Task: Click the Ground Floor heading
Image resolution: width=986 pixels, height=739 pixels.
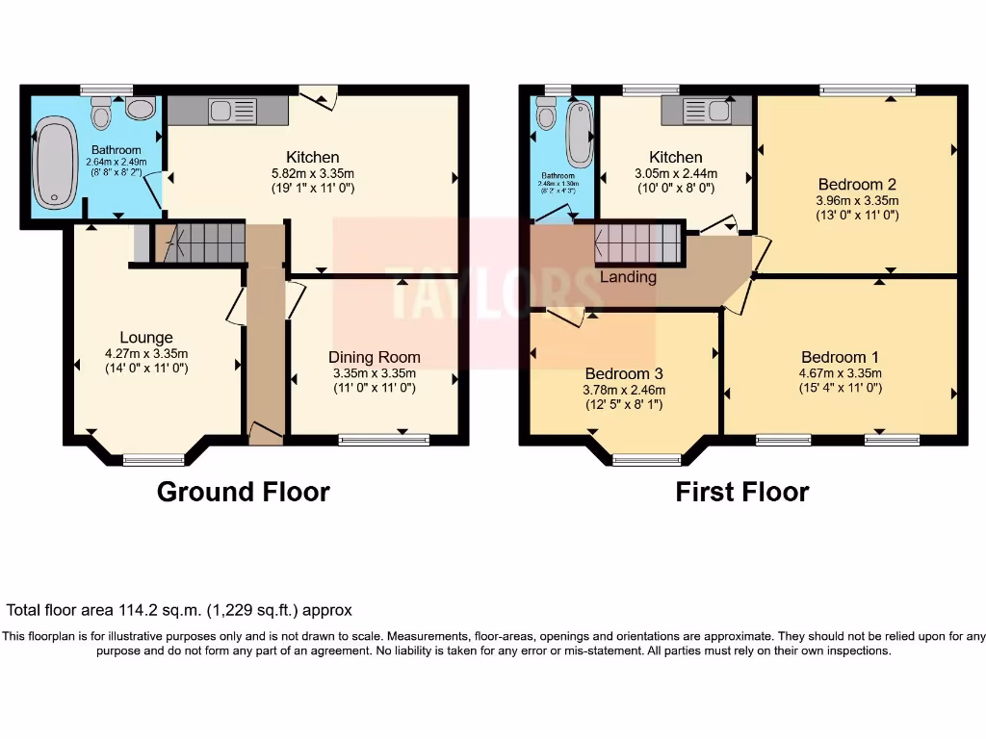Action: [243, 492]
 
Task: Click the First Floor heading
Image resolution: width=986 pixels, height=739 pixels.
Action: [741, 492]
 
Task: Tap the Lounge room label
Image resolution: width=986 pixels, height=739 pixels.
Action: [146, 337]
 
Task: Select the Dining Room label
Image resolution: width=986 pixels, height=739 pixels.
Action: [375, 357]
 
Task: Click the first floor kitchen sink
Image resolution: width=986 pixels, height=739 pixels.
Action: [706, 111]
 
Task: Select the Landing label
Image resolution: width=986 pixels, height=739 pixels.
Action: [628, 277]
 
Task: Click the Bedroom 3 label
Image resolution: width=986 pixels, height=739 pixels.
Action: [625, 373]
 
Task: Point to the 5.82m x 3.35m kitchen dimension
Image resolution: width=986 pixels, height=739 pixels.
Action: [313, 173]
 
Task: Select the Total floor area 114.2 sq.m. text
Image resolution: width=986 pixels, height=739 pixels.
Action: [179, 610]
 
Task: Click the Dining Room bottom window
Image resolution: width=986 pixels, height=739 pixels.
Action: [383, 440]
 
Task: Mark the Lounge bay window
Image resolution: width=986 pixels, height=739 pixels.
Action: [154, 459]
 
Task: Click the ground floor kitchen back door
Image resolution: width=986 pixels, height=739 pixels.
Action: [317, 94]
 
